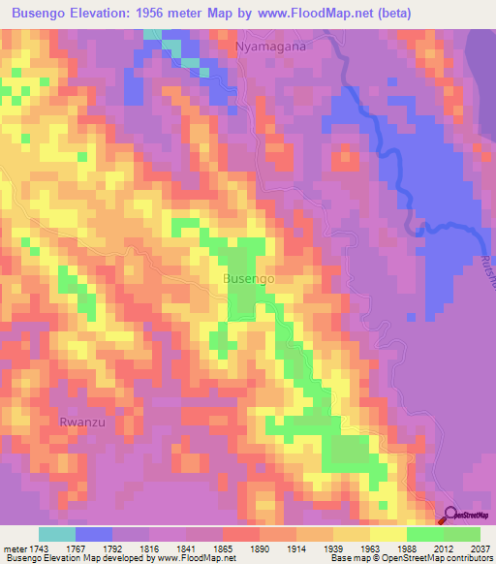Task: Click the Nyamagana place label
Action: click(270, 46)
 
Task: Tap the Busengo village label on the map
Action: click(249, 278)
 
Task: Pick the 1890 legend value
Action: click(260, 548)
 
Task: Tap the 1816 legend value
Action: click(149, 548)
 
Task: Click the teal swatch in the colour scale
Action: click(57, 534)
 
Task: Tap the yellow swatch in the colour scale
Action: click(387, 534)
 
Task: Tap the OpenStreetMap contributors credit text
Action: click(438, 558)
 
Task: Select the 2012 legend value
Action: click(444, 548)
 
